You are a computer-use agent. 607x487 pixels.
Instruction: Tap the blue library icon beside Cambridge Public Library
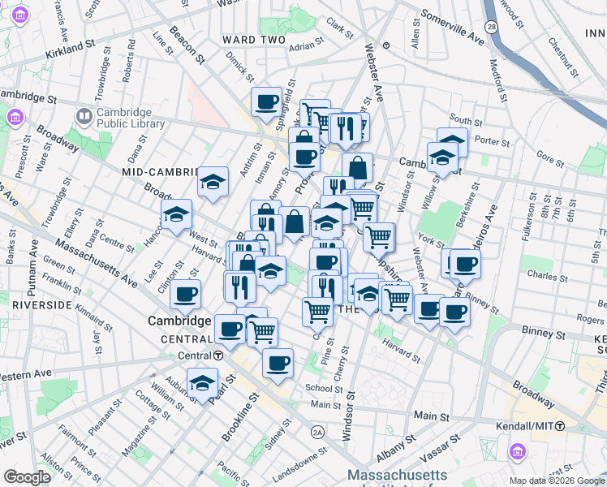pos(84,118)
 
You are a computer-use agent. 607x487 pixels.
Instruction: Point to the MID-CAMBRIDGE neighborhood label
pos(160,172)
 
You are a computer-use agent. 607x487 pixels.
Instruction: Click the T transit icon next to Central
pos(218,356)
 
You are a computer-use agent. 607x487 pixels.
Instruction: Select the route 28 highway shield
pos(491,28)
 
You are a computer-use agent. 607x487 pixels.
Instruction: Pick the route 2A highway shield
pos(318,433)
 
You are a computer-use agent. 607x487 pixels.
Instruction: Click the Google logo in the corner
pos(27,477)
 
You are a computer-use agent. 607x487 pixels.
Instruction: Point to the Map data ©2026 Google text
pos(556,481)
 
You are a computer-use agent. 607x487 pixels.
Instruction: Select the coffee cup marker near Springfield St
pos(266,102)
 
